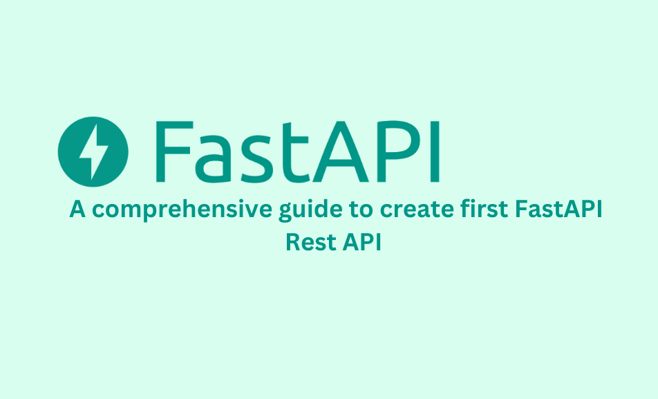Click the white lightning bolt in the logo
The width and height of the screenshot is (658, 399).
point(93,151)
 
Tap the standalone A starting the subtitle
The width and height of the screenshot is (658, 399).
point(77,209)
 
